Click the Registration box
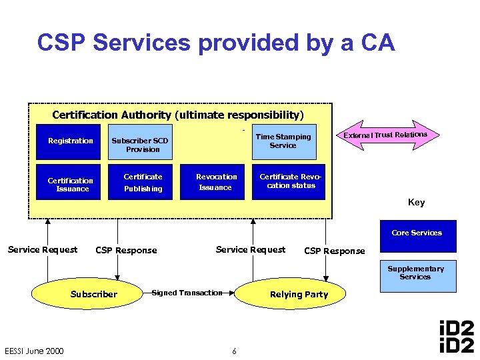[x=70, y=141]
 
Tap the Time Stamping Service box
[x=283, y=141]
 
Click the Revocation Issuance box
[x=216, y=181]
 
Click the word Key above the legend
[x=416, y=203]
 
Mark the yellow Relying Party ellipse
[x=299, y=294]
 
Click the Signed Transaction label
[x=187, y=293]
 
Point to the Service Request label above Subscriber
[x=42, y=250]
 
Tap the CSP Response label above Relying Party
[x=334, y=251]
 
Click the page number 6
[x=234, y=351]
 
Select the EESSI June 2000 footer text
[x=34, y=351]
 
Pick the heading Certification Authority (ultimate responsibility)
[x=177, y=115]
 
